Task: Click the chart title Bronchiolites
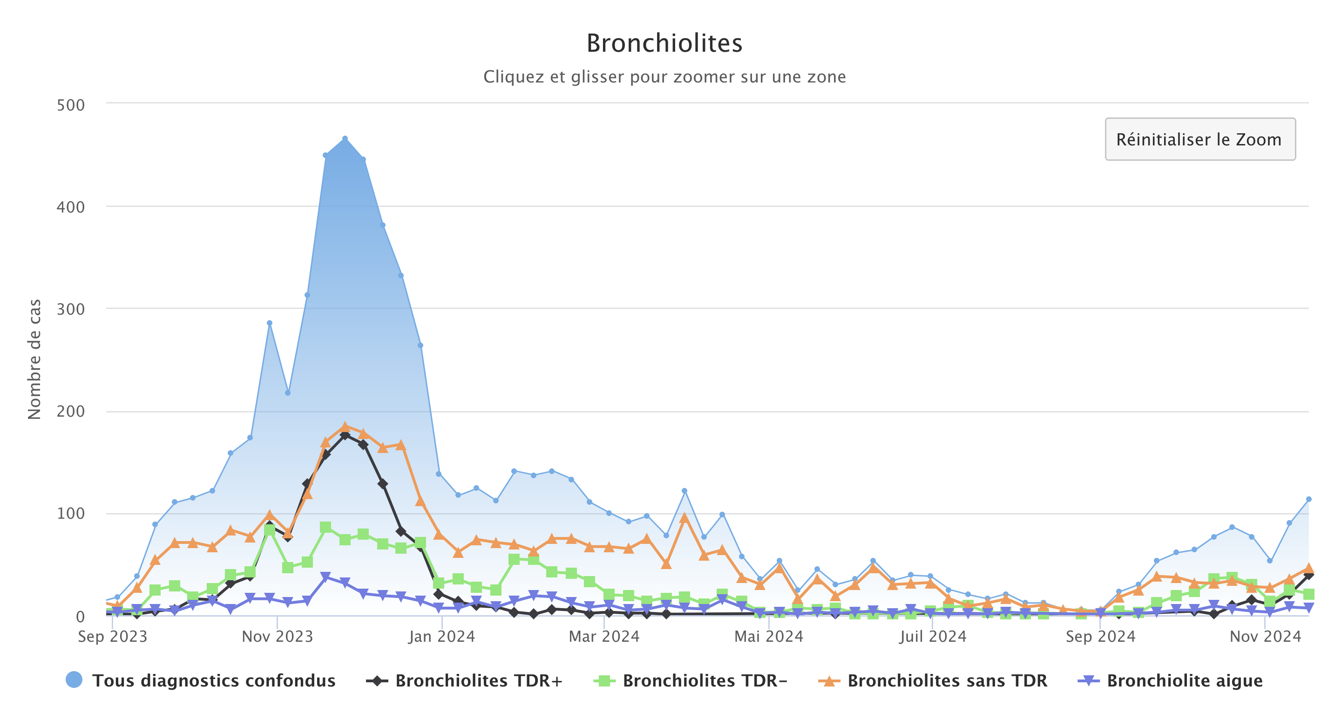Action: pyautogui.click(x=664, y=43)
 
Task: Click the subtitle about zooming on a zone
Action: pyautogui.click(x=664, y=77)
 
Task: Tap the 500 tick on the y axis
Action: pyautogui.click(x=71, y=105)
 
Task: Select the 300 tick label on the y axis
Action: pyautogui.click(x=71, y=309)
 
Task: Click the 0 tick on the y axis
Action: pyautogui.click(x=80, y=617)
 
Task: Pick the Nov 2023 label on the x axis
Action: pyautogui.click(x=278, y=637)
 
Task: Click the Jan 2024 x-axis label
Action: pyautogui.click(x=442, y=637)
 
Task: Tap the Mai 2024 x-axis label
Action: pyautogui.click(x=769, y=637)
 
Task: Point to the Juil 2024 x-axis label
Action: pyautogui.click(x=933, y=637)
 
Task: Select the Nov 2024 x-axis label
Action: pyautogui.click(x=1265, y=637)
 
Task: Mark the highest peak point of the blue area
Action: pyautogui.click(x=345, y=139)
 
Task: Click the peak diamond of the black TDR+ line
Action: pyautogui.click(x=345, y=435)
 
